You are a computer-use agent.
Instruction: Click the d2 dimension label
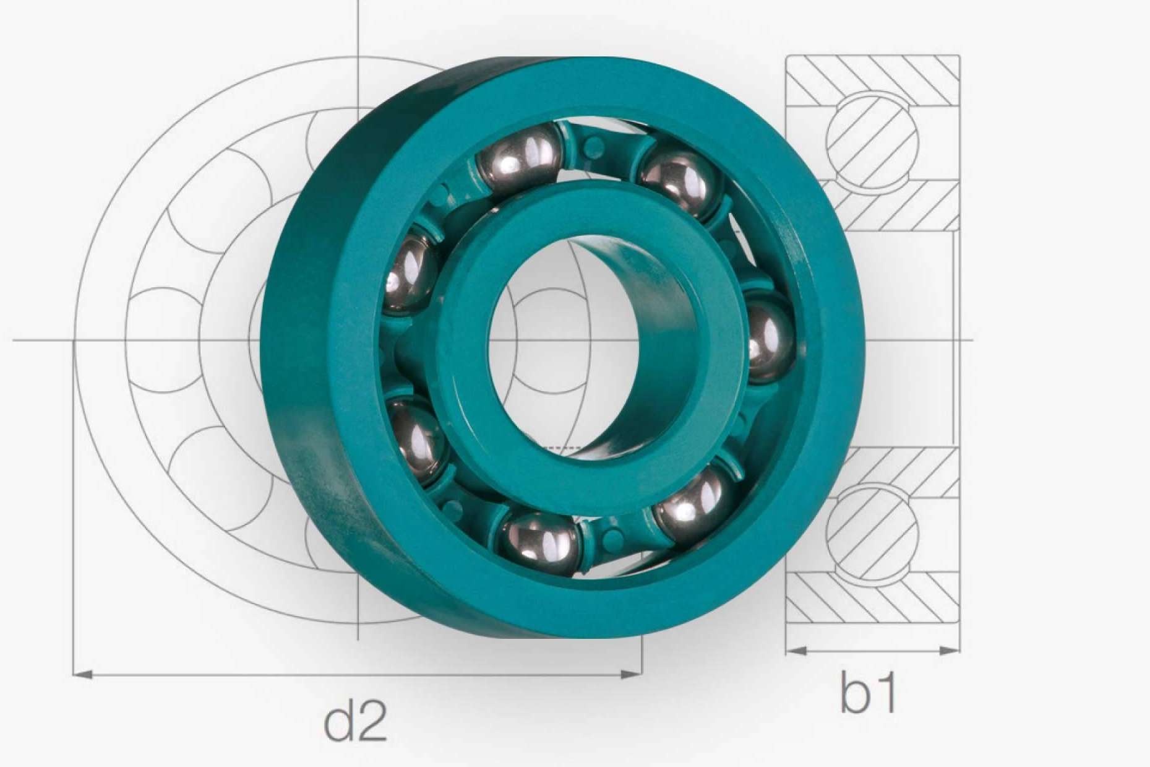[x=356, y=721]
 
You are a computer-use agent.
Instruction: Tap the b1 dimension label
[x=868, y=691]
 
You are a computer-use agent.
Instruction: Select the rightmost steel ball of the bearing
[x=770, y=337]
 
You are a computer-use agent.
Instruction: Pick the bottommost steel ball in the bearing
[x=540, y=543]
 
